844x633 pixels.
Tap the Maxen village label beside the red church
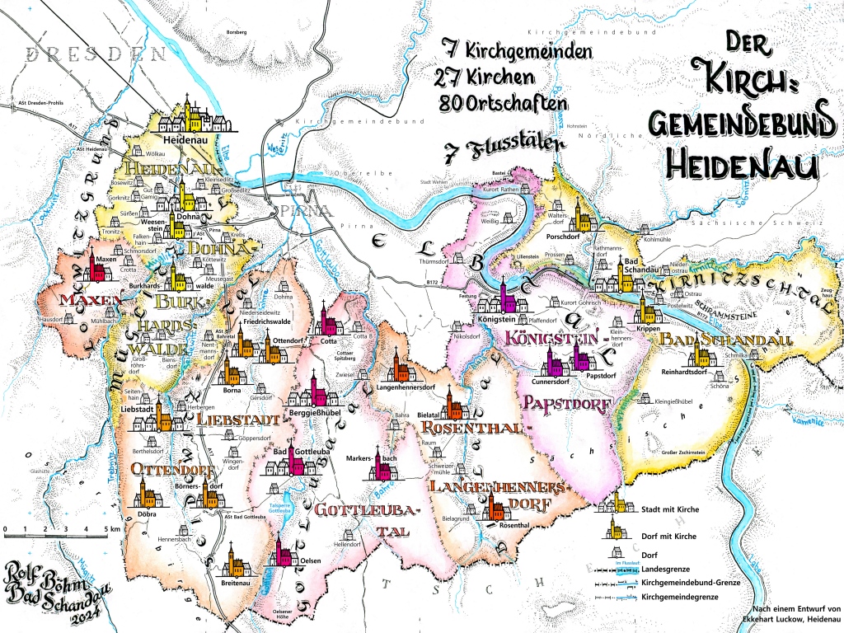[105, 259]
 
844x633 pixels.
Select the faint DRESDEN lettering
[91, 55]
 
